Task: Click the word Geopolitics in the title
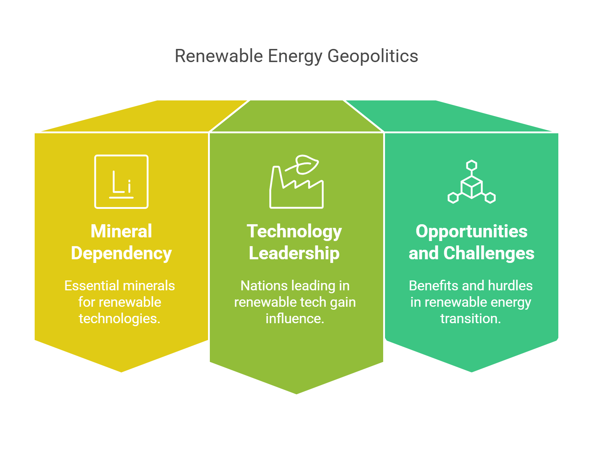pos(373,56)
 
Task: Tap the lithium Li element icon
pos(121,181)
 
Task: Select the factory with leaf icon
pos(296,183)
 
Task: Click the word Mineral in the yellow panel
pos(121,231)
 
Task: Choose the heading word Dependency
pos(121,253)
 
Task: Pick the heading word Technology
pos(294,232)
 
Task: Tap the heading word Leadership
pos(294,253)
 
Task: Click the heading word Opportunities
pos(471,231)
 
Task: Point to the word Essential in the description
pos(92,286)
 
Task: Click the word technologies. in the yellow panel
pos(120,318)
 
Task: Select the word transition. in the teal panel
pos(471,318)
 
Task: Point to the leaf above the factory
pos(307,164)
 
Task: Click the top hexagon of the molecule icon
pos(472,165)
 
